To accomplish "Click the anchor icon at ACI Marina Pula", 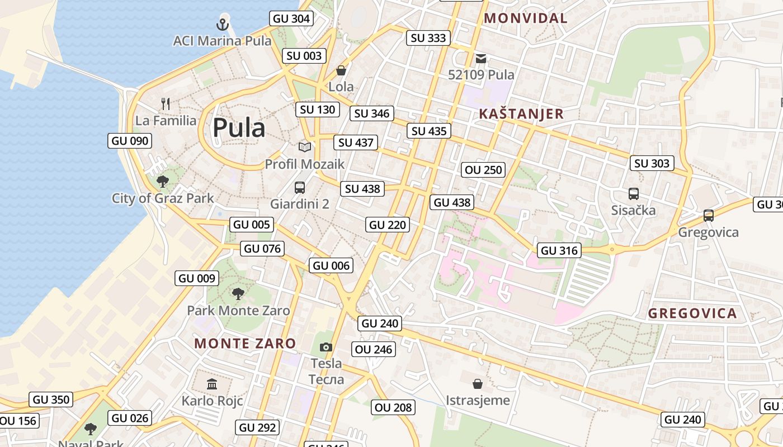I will click(x=223, y=24).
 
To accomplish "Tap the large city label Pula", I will click(x=239, y=128).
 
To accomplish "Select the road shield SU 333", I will click(x=428, y=38).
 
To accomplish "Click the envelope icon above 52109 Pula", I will click(x=481, y=58).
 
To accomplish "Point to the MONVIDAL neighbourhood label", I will click(x=525, y=18).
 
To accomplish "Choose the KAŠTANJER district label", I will click(x=521, y=114).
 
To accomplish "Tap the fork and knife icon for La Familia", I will click(x=165, y=103).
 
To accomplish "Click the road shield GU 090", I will click(x=130, y=141).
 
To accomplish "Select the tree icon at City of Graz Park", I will click(x=163, y=181).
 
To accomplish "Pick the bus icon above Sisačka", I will click(x=633, y=194).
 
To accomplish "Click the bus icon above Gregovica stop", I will click(x=708, y=216).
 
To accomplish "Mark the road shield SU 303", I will click(x=652, y=163).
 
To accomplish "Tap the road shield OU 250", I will click(x=484, y=170).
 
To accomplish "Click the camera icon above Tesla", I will click(x=326, y=347).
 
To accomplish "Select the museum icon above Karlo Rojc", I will click(x=212, y=384).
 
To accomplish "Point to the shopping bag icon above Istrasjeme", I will click(x=478, y=383).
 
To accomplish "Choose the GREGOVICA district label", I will click(x=692, y=313).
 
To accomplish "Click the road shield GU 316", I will click(x=560, y=250).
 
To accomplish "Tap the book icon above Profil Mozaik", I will click(x=304, y=147).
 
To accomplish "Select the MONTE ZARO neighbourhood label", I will click(x=245, y=343).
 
